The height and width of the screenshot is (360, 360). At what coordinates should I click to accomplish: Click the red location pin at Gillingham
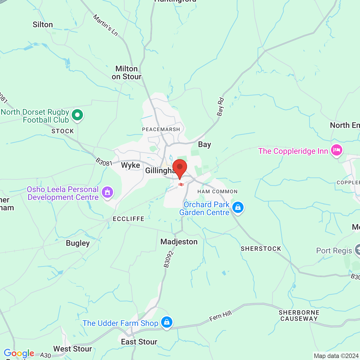(x=180, y=168)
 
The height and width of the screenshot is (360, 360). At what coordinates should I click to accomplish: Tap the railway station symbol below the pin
(x=181, y=184)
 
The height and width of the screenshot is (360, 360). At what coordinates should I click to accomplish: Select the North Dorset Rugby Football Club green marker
(x=77, y=115)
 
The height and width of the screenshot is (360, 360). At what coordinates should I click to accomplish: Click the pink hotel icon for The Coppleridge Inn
(x=336, y=150)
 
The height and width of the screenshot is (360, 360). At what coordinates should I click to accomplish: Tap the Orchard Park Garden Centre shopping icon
(x=238, y=207)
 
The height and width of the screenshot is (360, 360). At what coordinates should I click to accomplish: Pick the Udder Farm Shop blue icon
(x=166, y=322)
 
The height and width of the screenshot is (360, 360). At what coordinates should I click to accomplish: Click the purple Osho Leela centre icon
(x=107, y=193)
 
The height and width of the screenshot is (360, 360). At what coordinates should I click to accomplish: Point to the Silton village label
(x=43, y=25)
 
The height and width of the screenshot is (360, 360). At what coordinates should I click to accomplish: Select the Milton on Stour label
(x=127, y=73)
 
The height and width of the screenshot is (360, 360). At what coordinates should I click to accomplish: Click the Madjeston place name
(x=179, y=242)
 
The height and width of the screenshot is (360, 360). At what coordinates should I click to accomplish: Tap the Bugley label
(x=78, y=243)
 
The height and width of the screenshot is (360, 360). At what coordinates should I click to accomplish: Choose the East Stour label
(x=139, y=342)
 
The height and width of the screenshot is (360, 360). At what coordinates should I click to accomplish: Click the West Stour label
(x=73, y=349)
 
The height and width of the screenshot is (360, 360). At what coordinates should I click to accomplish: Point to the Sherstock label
(x=261, y=249)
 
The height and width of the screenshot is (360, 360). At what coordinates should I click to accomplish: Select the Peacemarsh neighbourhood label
(x=161, y=129)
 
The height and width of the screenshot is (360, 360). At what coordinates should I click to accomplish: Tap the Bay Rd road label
(x=220, y=107)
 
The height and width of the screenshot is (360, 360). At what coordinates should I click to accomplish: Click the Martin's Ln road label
(x=105, y=25)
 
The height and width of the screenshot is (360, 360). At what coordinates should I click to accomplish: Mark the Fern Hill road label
(x=221, y=316)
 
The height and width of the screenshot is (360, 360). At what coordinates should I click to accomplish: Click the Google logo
(x=19, y=353)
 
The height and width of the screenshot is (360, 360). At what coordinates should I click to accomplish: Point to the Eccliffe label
(x=129, y=219)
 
